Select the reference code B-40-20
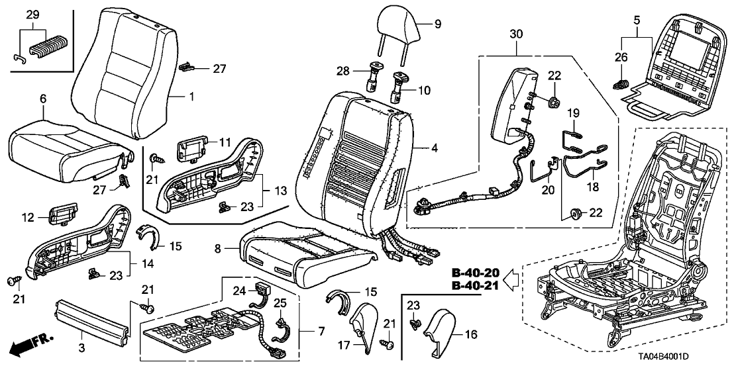point(475,273)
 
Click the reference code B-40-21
point(475,286)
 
